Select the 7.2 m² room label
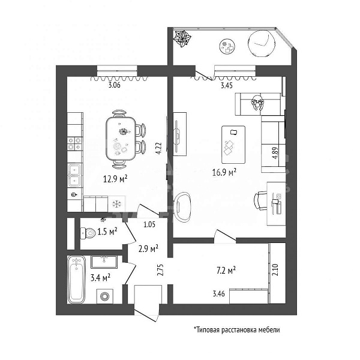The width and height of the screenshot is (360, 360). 226,271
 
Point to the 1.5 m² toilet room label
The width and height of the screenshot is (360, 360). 107,230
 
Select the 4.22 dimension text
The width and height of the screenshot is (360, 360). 158,148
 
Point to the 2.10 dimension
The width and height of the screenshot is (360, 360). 275,269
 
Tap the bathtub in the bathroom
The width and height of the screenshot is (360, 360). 76,279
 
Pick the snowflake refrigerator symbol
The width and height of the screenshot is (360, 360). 116,204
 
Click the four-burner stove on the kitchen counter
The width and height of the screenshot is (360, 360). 74,143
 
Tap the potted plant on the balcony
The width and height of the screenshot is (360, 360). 182,40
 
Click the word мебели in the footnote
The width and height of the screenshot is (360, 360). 267,330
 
